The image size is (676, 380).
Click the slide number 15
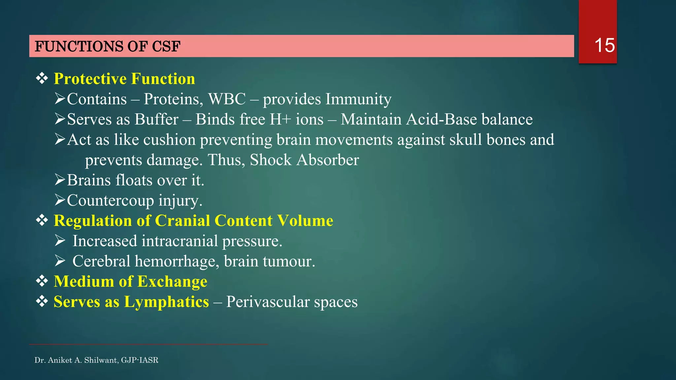coord(604,45)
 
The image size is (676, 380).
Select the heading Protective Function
coord(124,79)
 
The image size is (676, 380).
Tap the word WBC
coord(227,99)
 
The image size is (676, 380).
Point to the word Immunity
coord(358,99)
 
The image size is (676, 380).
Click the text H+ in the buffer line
coord(280,119)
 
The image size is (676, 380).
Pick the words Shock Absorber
coord(304,160)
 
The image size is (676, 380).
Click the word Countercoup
coord(110,201)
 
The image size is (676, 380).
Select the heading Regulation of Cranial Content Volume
coord(193,221)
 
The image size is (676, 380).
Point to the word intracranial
coord(180,241)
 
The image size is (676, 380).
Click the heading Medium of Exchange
coord(130,282)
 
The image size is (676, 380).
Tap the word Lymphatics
coord(166,302)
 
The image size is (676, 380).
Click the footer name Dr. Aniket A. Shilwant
coord(76,360)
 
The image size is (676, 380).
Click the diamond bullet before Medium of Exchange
coord(42,281)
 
